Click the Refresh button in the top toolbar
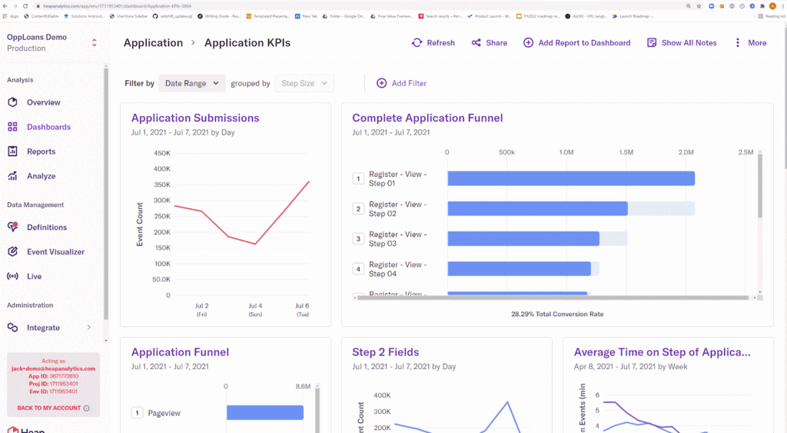click(433, 43)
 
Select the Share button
click(490, 43)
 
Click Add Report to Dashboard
click(577, 43)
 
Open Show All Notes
click(682, 43)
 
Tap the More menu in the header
click(750, 43)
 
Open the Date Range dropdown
click(192, 83)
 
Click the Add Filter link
click(401, 83)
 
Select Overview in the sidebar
click(43, 102)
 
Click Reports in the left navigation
click(41, 152)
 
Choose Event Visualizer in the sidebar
click(55, 251)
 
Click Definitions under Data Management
click(46, 227)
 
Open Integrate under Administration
click(43, 328)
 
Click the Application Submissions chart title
click(195, 118)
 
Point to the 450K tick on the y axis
click(162, 153)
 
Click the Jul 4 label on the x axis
click(255, 306)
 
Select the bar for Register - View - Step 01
click(570, 178)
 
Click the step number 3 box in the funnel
click(357, 238)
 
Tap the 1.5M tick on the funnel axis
click(626, 152)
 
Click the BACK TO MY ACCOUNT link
click(48, 408)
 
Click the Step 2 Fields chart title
click(385, 352)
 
